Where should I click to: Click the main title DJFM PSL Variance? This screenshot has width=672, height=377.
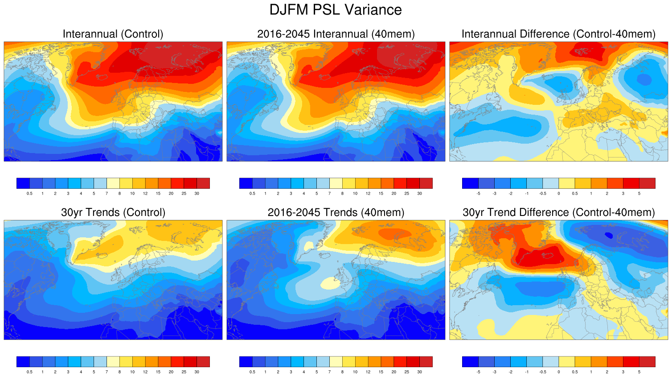[336, 10]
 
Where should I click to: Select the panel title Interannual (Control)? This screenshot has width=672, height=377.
[113, 34]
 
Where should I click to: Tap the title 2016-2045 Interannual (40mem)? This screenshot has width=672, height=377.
[336, 34]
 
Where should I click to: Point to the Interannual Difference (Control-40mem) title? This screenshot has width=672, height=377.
[558, 34]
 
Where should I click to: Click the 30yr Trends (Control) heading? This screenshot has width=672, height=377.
[113, 212]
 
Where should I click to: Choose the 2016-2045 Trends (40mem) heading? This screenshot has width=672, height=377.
[336, 212]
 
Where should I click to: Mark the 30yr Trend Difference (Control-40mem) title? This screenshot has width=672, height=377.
[558, 212]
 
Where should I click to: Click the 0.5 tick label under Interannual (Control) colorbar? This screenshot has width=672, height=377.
[29, 194]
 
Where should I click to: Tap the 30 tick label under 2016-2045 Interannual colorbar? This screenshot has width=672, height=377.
[419, 194]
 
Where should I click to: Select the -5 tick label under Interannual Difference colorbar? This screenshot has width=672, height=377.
[478, 194]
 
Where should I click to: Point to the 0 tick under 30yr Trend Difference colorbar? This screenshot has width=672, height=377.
[558, 372]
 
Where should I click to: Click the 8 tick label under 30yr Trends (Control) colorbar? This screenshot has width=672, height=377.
[119, 372]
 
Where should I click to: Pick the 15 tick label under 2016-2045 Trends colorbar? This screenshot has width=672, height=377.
[381, 372]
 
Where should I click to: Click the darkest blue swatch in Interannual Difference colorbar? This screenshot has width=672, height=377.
[470, 183]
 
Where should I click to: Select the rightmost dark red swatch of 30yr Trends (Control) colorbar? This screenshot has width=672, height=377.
[203, 361]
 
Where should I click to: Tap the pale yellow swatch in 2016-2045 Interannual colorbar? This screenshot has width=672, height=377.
[336, 183]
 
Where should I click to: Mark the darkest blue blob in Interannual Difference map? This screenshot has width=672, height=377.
[644, 79]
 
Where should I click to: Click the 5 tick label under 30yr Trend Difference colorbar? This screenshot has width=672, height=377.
[639, 372]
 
